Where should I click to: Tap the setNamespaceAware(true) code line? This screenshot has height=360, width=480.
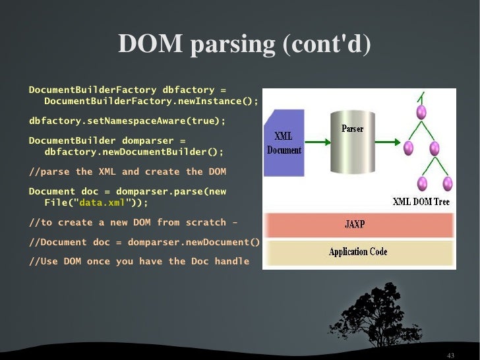click(x=127, y=121)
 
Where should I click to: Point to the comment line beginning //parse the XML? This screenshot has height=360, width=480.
click(x=127, y=172)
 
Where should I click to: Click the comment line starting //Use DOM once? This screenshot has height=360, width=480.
click(x=139, y=261)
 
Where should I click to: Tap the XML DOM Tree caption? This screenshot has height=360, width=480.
click(x=421, y=201)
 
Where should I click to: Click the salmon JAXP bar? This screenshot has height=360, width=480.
click(x=358, y=224)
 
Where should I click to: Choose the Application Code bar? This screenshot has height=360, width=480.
click(x=358, y=253)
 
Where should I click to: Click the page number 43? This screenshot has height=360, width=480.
click(x=450, y=355)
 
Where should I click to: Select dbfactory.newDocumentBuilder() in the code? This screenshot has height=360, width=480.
click(x=134, y=152)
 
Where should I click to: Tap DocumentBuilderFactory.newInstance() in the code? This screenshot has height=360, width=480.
click(x=151, y=101)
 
